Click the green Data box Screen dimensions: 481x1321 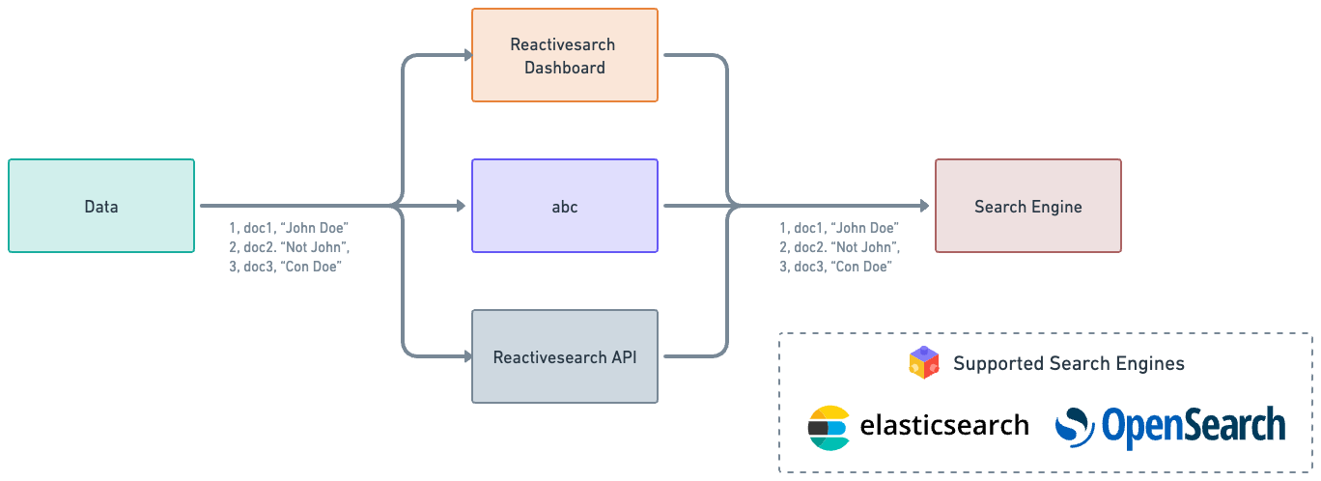click(101, 206)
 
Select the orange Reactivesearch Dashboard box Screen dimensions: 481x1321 click(565, 55)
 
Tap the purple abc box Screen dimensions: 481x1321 click(565, 206)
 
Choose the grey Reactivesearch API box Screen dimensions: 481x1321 click(565, 356)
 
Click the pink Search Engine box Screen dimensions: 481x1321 click(1027, 206)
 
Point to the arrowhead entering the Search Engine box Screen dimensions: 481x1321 click(923, 206)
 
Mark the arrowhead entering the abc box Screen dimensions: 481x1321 click(460, 206)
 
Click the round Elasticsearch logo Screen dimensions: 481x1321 click(829, 428)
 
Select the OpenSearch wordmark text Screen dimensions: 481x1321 click(1193, 426)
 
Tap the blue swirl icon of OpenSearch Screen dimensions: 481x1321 click(1074, 427)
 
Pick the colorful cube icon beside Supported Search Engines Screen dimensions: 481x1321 click(924, 363)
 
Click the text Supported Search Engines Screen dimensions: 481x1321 click(1068, 364)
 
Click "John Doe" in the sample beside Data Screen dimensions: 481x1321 click(314, 228)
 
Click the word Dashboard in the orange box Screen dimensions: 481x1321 click(565, 68)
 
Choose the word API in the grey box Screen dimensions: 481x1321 click(622, 357)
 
